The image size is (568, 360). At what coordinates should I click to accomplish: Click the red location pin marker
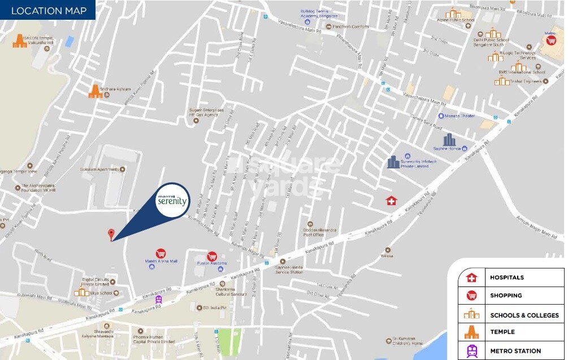pos(111,234)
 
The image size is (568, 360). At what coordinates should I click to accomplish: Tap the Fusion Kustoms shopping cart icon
pos(212,256)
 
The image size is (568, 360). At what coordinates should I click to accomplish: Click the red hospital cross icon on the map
pos(391,201)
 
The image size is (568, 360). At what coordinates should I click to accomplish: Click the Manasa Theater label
pos(460,115)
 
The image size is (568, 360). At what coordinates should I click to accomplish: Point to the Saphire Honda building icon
pos(449,140)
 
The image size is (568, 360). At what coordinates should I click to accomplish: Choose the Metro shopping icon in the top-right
pos(550,41)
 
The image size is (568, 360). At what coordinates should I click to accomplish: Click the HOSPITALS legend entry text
pos(506,277)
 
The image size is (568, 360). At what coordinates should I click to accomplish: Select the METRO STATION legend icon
pos(471,351)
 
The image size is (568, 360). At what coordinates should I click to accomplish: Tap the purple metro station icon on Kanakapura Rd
pos(159,300)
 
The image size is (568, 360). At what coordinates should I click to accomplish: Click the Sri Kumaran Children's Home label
pos(408,341)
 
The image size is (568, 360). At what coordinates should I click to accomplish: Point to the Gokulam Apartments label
pos(99,169)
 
